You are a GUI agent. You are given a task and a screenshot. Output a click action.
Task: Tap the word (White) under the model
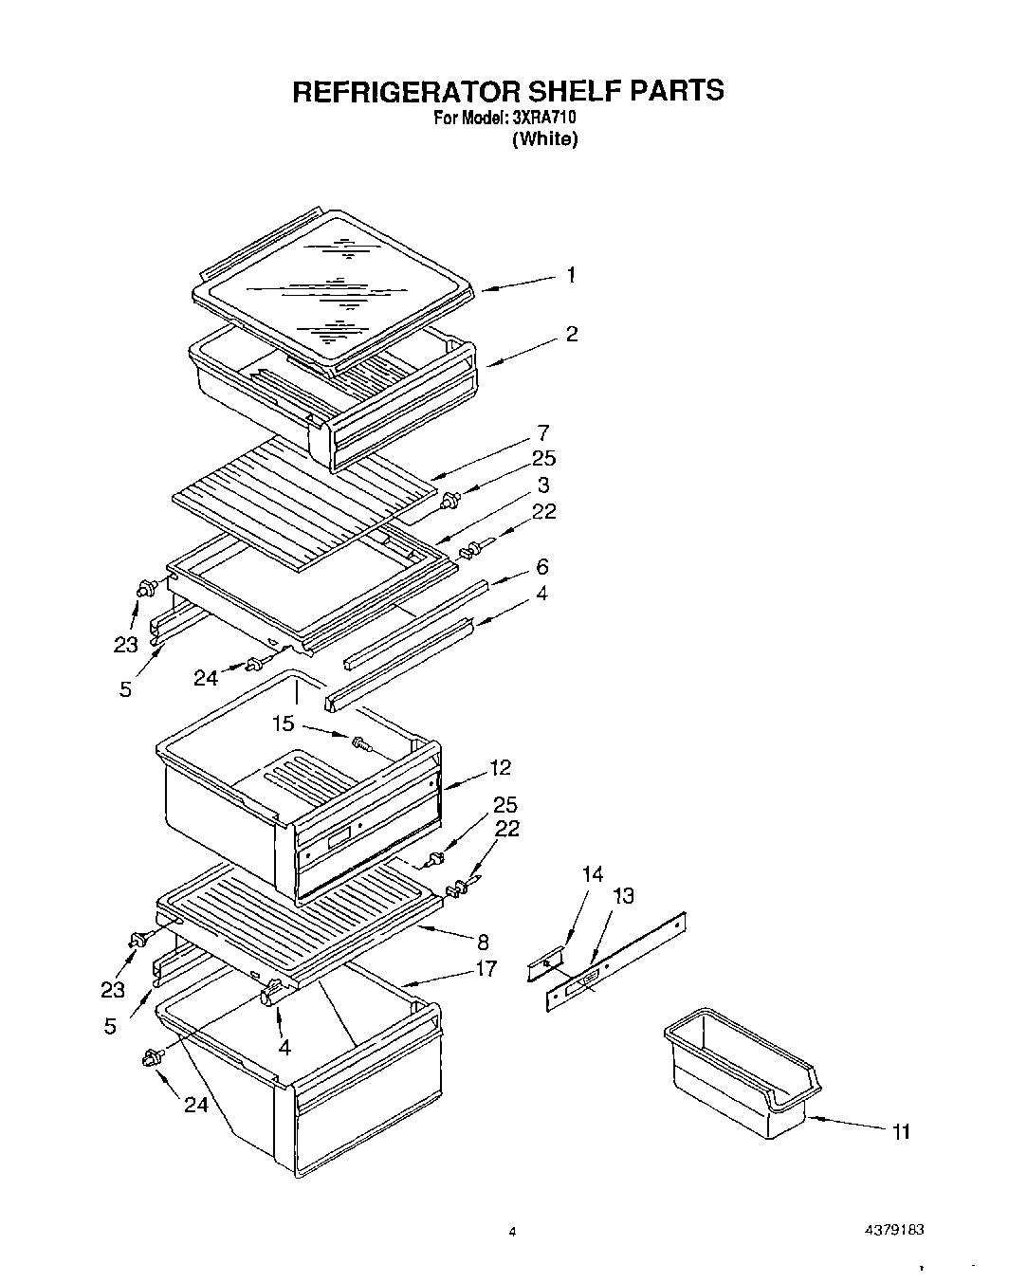544,139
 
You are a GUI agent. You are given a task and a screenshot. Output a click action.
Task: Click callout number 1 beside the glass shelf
571,275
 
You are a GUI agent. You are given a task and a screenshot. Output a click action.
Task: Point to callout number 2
572,334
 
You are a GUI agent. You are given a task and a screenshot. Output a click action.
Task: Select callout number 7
542,433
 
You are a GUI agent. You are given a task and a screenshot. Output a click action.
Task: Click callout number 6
541,566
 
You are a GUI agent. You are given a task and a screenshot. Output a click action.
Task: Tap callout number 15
283,723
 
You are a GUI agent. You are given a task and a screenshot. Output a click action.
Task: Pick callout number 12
500,767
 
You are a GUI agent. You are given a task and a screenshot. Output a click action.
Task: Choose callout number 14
592,873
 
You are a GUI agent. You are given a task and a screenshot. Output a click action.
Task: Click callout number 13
623,895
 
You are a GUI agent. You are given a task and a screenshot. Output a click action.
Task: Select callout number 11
900,1131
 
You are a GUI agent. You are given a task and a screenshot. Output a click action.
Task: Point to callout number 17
486,969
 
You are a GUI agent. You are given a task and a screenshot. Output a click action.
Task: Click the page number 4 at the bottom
512,1233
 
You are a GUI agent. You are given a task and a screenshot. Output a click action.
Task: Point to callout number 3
542,485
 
